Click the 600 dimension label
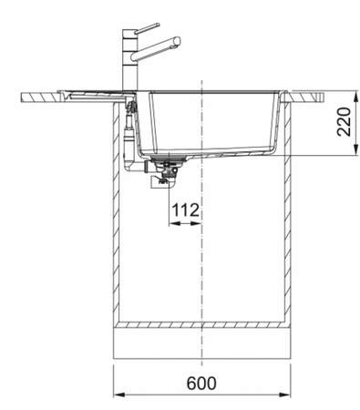click(x=201, y=384)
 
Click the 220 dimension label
click(x=344, y=121)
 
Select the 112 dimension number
click(x=186, y=210)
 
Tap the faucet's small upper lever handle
click(x=147, y=27)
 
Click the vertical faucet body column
click(x=130, y=60)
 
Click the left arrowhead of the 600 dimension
click(x=119, y=395)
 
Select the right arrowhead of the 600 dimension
click(x=284, y=395)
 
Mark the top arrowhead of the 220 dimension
click(x=355, y=97)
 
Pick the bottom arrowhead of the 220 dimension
click(x=355, y=149)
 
